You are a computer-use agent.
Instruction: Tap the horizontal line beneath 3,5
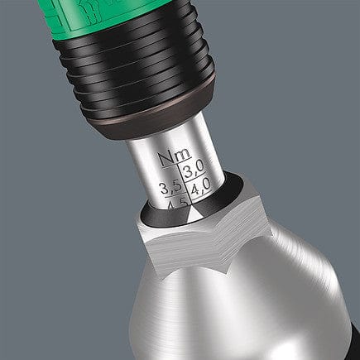[172, 196]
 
